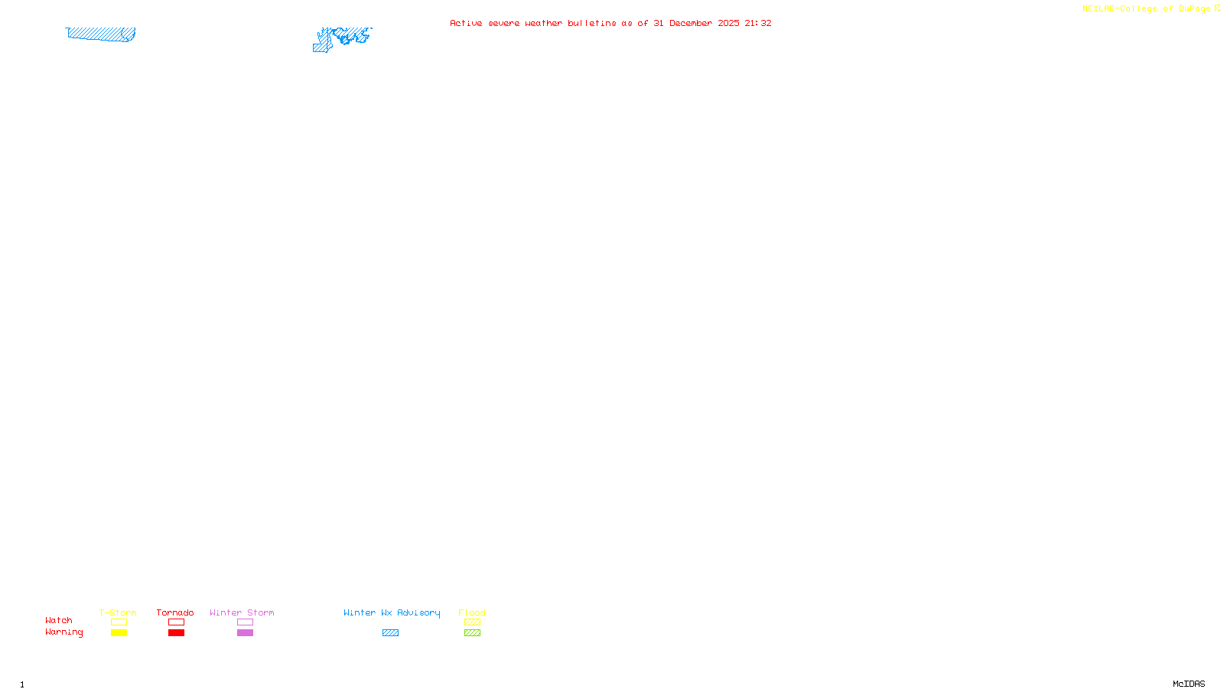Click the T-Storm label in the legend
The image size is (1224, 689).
[118, 612]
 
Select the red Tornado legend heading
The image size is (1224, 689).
[175, 612]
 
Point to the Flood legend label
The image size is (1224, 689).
[472, 612]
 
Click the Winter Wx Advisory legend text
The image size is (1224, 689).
[392, 612]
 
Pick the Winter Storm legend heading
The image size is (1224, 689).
[242, 612]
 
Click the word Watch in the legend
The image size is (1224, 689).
[59, 620]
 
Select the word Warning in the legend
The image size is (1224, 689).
[64, 632]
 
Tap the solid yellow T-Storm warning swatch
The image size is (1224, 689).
[119, 633]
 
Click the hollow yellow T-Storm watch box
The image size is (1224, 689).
[119, 622]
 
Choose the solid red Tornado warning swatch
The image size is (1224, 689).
[176, 633]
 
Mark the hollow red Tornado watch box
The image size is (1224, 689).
[176, 622]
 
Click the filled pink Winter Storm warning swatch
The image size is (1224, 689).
[245, 633]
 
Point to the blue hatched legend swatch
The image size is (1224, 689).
[390, 633]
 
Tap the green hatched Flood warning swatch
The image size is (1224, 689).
[472, 633]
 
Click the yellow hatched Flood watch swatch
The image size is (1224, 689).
[472, 622]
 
